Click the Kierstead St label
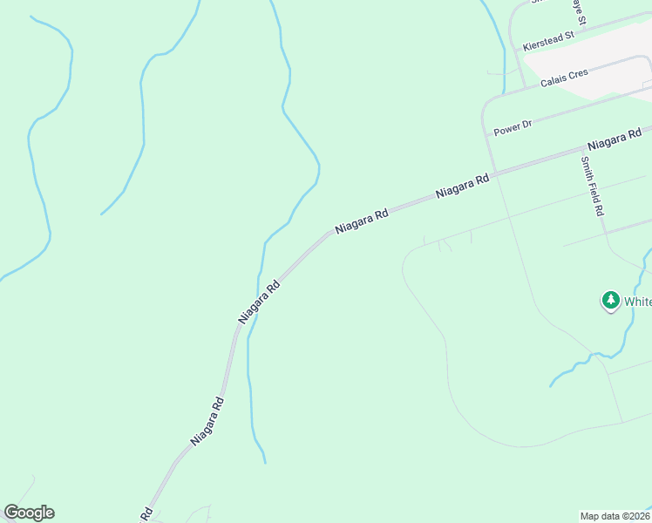click(x=547, y=40)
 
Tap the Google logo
click(x=29, y=513)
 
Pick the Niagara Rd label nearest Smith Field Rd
click(x=615, y=139)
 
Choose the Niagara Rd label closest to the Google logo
click(x=208, y=422)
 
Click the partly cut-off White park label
click(x=638, y=302)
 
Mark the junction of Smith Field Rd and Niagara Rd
click(x=582, y=150)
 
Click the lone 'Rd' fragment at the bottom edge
click(x=146, y=514)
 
